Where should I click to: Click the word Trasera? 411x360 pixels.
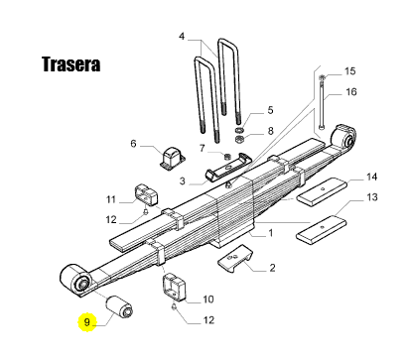(70, 64)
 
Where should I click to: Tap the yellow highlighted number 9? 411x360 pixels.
(87, 322)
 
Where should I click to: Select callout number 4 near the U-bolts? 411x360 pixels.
(182, 36)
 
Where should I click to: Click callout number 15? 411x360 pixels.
(349, 71)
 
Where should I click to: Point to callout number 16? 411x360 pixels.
(351, 91)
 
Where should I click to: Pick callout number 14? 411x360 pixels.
(371, 177)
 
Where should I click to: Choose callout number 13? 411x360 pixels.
(372, 197)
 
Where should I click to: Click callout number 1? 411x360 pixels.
(271, 233)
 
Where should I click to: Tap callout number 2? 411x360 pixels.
(272, 267)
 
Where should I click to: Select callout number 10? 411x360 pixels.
(208, 300)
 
